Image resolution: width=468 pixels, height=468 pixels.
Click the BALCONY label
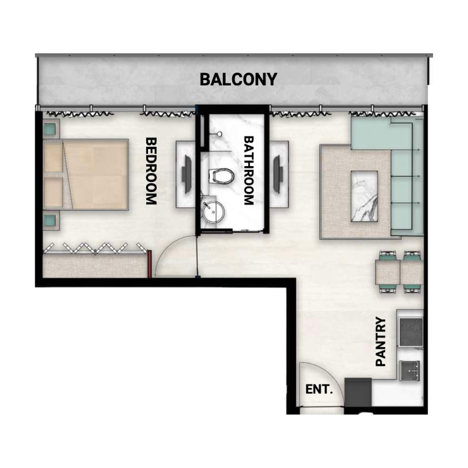(x=238, y=80)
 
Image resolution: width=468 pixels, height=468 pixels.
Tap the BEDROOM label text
(x=151, y=171)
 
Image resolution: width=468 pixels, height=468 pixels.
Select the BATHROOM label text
(x=248, y=171)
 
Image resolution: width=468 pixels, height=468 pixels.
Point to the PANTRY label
(x=381, y=342)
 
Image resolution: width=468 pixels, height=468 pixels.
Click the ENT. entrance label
(x=319, y=389)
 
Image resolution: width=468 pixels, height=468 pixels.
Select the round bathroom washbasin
(x=212, y=212)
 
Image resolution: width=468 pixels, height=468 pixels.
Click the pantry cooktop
(x=410, y=332)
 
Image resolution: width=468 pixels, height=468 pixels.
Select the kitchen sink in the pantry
(x=410, y=370)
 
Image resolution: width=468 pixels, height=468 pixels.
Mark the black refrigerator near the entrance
(x=358, y=391)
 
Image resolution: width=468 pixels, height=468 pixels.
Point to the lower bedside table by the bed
(x=50, y=221)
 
